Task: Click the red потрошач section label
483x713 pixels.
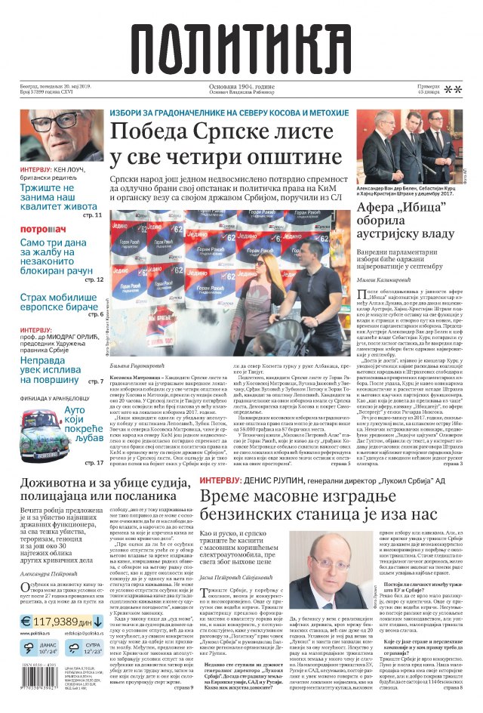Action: tap(43, 229)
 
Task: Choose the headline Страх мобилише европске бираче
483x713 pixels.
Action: tap(62, 303)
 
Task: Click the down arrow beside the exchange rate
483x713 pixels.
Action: tap(98, 643)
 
